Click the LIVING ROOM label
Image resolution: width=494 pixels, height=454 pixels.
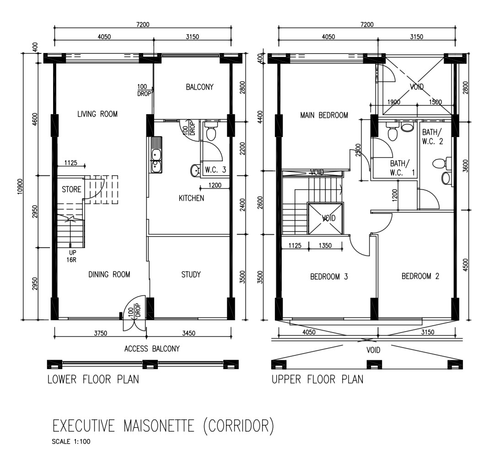click(x=97, y=114)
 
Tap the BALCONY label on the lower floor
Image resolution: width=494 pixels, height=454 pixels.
click(x=199, y=87)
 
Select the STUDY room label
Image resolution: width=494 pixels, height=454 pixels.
click(x=191, y=275)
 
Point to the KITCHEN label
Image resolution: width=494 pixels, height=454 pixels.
click(x=191, y=198)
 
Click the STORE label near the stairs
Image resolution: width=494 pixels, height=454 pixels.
click(x=71, y=190)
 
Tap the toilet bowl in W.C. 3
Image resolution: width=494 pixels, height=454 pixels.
click(x=211, y=132)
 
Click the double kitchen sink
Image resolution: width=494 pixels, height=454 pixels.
click(x=156, y=155)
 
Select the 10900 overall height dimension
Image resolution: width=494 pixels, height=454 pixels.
click(x=20, y=187)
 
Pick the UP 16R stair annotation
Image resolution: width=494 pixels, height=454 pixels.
click(x=72, y=256)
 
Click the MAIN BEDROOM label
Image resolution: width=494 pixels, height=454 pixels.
click(x=324, y=115)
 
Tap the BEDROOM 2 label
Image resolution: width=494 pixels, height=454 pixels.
click(x=420, y=276)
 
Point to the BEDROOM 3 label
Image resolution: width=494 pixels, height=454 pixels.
click(x=329, y=277)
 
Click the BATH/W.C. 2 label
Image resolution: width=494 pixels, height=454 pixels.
click(x=432, y=137)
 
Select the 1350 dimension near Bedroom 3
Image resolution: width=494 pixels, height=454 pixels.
click(x=325, y=245)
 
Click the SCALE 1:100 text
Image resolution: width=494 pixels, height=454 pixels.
click(x=71, y=441)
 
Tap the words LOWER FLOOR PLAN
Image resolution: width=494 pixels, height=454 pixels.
click(x=93, y=380)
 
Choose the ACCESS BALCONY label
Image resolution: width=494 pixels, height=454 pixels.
click(x=152, y=348)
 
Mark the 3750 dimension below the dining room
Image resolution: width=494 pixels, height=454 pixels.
click(x=101, y=333)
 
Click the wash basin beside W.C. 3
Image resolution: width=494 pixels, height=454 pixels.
click(x=195, y=171)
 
